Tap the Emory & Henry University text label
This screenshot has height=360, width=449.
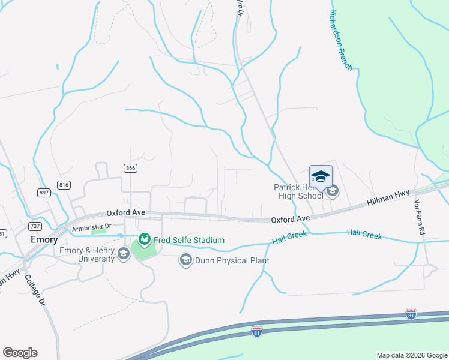point(87,254)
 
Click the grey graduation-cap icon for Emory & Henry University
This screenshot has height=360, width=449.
point(123,254)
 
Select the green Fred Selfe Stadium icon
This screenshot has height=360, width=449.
point(144,240)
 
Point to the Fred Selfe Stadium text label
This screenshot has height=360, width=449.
point(189,240)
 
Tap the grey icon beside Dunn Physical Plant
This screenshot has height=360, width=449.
point(186,260)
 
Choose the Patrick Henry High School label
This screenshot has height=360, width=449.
point(299,191)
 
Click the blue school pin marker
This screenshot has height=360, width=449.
point(321,176)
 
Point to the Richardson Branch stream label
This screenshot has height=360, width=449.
point(342,40)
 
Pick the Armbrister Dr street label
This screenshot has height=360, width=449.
point(92,227)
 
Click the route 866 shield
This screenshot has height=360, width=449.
point(130,169)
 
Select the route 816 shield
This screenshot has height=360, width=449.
point(65,184)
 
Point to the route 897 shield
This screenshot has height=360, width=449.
point(44,192)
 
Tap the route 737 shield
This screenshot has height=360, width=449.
point(35,226)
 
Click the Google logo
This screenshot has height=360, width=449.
point(20,353)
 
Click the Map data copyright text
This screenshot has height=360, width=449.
point(411,355)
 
